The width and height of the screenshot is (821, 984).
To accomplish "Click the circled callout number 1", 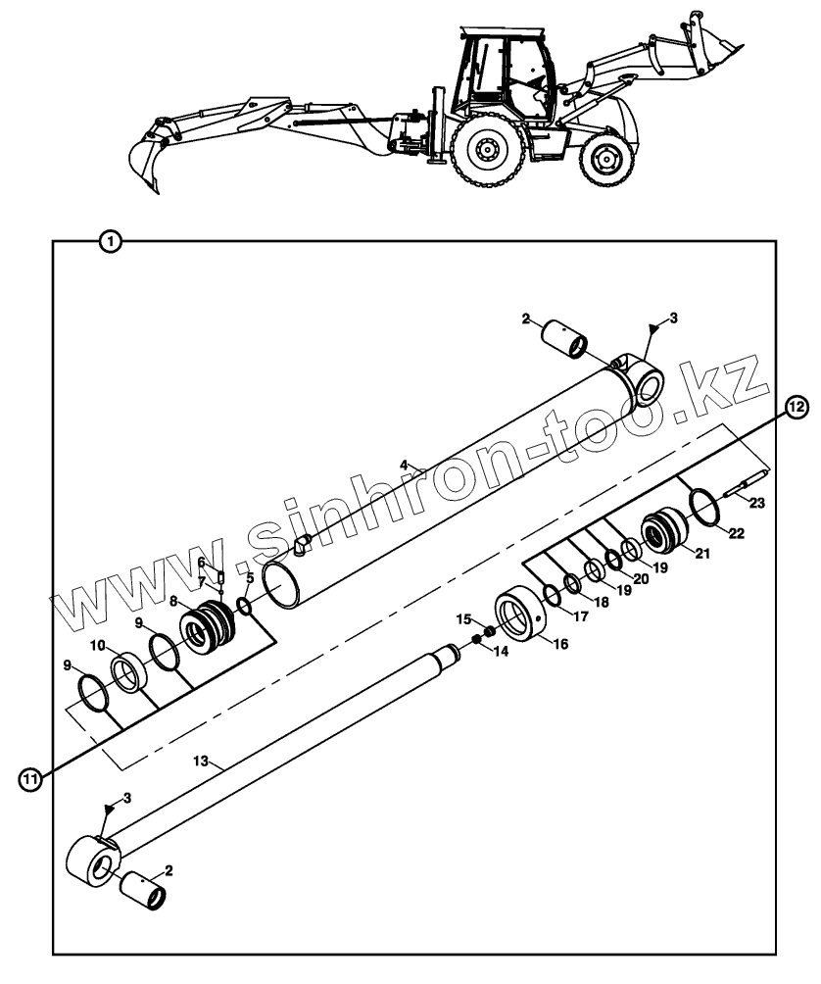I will click(111, 240).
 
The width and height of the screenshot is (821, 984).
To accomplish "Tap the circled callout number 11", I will click(31, 779).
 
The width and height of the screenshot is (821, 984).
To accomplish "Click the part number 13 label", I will click(202, 761).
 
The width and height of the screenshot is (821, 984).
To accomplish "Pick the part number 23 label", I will click(756, 503).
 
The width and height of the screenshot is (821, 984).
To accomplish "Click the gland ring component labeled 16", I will click(520, 615).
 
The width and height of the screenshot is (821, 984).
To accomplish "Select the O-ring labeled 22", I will click(702, 507).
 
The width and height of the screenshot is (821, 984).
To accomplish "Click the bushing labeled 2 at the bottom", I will click(142, 888).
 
